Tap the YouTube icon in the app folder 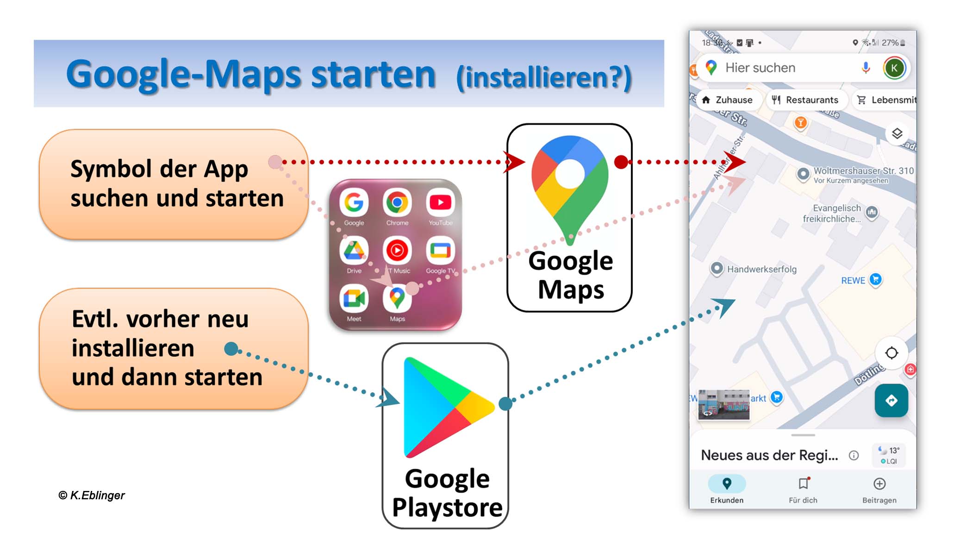(440, 202)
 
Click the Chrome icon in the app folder (397, 202)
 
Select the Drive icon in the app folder (354, 251)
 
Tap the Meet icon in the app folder (354, 298)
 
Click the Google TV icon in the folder (440, 251)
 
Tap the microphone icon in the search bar (866, 68)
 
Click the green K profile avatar (894, 68)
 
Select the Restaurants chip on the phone (806, 100)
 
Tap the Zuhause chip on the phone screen (727, 100)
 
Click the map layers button (897, 134)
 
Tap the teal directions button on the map (891, 401)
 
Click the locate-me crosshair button (891, 353)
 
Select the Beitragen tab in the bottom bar (879, 489)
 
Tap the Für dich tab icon (803, 484)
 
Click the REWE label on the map (853, 281)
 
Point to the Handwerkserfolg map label (761, 269)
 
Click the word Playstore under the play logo (447, 508)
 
